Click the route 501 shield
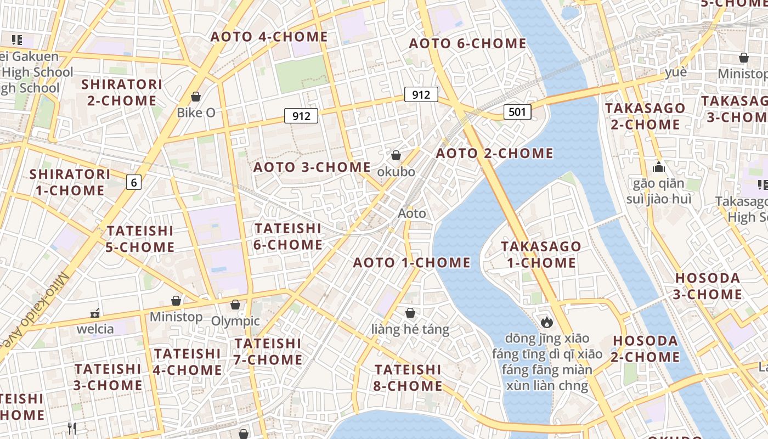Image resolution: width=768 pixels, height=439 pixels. pos(517,112)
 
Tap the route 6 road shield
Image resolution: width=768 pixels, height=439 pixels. pos(133,182)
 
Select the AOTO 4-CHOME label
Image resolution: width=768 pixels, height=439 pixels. pos(269,37)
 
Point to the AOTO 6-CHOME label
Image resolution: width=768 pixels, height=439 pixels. pos(468,43)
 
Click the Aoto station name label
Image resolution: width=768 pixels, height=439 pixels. pos(412,213)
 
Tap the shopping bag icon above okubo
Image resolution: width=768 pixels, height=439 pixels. pos(396,156)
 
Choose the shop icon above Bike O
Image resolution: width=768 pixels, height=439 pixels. pos(196,97)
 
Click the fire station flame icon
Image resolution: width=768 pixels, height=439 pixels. pos(546,322)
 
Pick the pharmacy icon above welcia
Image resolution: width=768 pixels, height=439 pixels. pos(95,313)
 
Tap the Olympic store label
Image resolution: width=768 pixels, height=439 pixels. pos(236,321)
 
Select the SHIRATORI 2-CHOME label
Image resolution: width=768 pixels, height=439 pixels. pos(122,92)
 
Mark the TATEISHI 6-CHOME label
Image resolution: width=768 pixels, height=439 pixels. pos(288,236)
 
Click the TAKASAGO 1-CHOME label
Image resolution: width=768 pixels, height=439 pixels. pos(541,254)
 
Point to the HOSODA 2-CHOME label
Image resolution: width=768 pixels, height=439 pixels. pos(646,348)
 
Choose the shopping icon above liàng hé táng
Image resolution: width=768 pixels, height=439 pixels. pos(410,313)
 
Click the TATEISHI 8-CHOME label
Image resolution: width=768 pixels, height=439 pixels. pos(408,378)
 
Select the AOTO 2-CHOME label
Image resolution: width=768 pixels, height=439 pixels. pos(495,154)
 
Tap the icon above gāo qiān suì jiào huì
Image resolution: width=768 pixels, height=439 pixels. pos(659,167)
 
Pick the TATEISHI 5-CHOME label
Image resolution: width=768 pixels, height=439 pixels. pos(140,239)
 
